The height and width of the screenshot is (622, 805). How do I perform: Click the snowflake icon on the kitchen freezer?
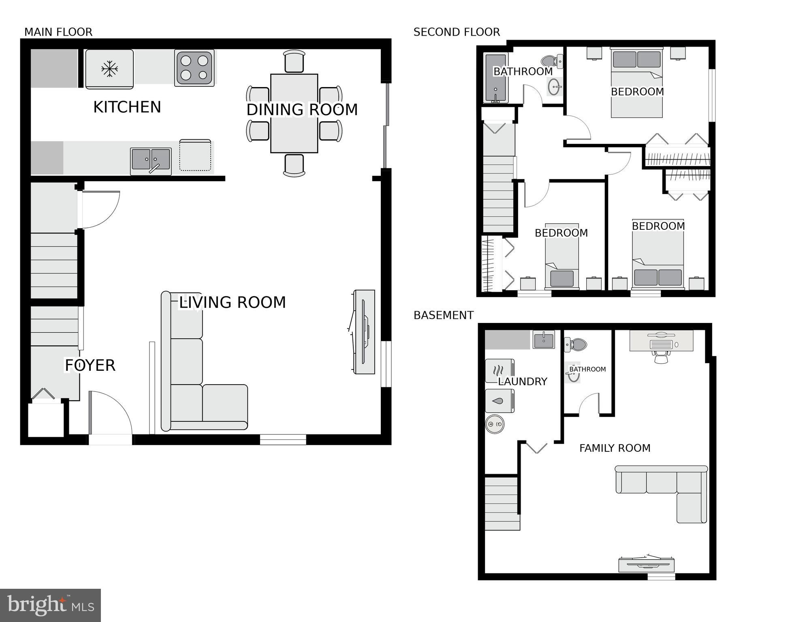pyautogui.click(x=109, y=69)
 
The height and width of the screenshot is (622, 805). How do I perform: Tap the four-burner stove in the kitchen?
pyautogui.click(x=194, y=68)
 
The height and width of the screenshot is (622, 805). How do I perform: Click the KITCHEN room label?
pyautogui.click(x=127, y=107)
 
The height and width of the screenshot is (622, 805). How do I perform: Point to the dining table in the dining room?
pyautogui.click(x=294, y=113)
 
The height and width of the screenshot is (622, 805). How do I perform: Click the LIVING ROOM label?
pyautogui.click(x=232, y=302)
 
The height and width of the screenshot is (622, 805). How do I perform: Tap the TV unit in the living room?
pyautogui.click(x=364, y=331)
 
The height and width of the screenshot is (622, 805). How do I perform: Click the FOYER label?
pyautogui.click(x=90, y=366)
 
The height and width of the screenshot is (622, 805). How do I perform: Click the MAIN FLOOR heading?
pyautogui.click(x=58, y=32)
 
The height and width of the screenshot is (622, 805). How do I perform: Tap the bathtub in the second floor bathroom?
pyautogui.click(x=495, y=78)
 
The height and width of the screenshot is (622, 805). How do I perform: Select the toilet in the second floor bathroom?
pyautogui.click(x=551, y=61)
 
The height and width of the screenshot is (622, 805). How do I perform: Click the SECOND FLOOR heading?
pyautogui.click(x=457, y=32)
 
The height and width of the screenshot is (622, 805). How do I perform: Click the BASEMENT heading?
pyautogui.click(x=443, y=315)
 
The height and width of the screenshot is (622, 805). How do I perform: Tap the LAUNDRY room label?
pyautogui.click(x=523, y=381)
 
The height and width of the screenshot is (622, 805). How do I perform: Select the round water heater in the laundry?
pyautogui.click(x=495, y=424)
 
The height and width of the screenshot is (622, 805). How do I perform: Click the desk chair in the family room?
pyautogui.click(x=661, y=357)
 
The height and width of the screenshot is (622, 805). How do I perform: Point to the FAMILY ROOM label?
pyautogui.click(x=615, y=448)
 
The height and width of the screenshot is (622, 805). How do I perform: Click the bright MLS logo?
pyautogui.click(x=50, y=605)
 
